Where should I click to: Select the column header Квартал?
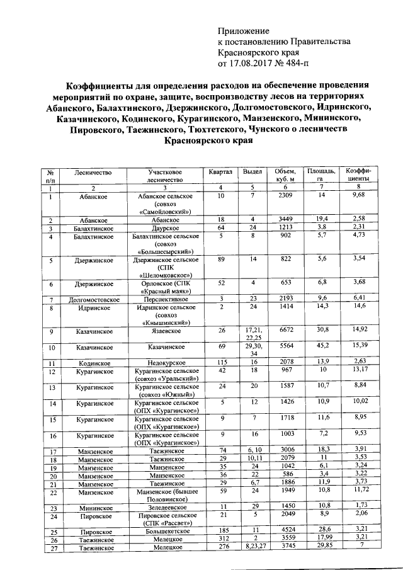(x=220, y=171)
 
